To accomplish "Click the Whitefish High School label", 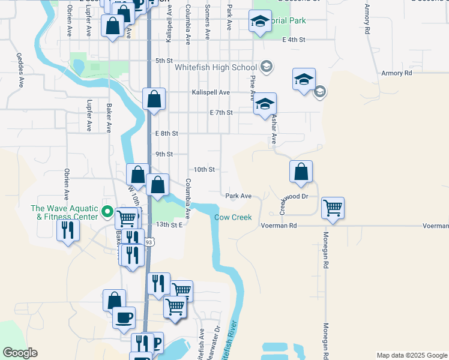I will pos(215,67).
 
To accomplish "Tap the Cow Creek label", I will pos(234,217).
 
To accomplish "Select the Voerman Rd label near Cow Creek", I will pos(280,226).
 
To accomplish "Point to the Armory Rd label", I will pos(397,73).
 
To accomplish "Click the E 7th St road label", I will pos(221,112).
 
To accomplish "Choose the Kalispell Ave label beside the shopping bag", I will pos(211,92).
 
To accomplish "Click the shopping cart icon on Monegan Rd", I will pos(333,208).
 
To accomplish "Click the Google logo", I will pos(20,353).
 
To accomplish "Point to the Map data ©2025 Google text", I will pos(412,355).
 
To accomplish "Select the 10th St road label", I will pos(204,170).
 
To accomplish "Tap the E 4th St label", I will pos(294,40).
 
